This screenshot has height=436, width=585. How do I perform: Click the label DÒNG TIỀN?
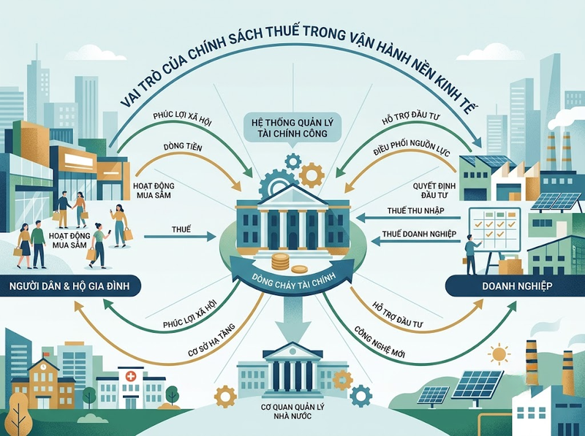pyautogui.click(x=182, y=148)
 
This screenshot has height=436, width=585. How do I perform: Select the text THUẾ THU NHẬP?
pyautogui.click(x=415, y=210)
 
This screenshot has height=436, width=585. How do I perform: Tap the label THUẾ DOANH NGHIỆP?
pyautogui.click(x=419, y=234)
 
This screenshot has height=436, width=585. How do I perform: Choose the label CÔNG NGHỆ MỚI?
pyautogui.click(x=379, y=343)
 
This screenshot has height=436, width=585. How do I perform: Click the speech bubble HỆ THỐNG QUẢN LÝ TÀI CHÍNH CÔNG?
pyautogui.click(x=292, y=128)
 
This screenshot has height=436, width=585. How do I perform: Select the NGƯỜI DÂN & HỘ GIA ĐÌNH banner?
pyautogui.click(x=69, y=286)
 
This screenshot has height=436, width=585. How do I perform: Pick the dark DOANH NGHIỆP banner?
pyautogui.click(x=517, y=286)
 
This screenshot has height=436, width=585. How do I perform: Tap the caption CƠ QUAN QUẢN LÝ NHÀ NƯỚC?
pyautogui.click(x=292, y=411)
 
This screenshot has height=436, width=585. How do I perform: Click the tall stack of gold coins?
pyautogui.click(x=280, y=261)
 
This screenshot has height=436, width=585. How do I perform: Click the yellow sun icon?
pyautogui.click(x=497, y=354)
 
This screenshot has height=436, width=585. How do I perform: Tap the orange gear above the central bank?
pyautogui.click(x=312, y=174)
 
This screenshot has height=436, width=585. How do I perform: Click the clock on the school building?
pyautogui.click(x=44, y=367)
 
